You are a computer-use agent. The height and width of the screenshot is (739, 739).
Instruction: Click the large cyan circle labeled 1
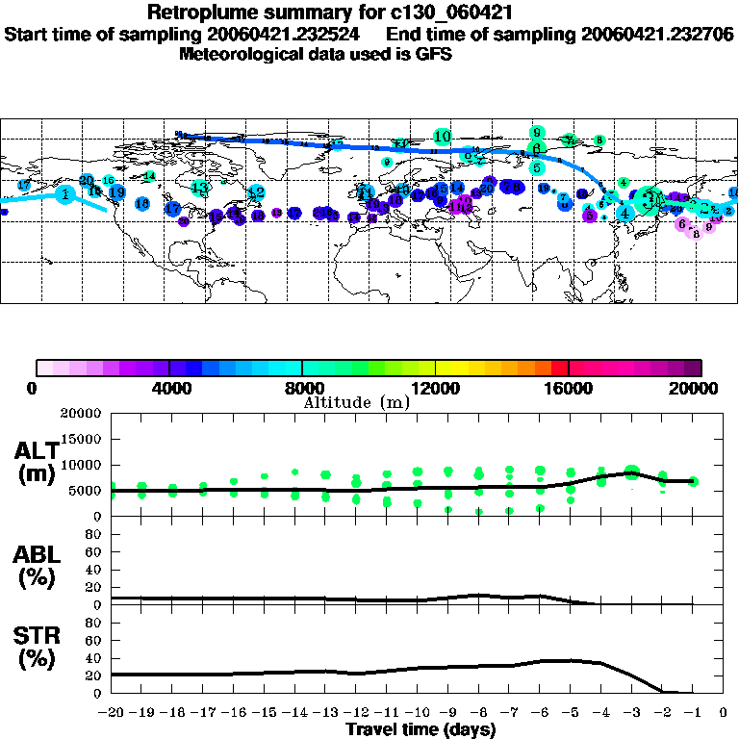64,194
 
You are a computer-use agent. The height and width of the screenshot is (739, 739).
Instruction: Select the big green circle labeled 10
442,137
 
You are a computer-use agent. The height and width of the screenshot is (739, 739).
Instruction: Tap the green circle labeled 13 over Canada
199,187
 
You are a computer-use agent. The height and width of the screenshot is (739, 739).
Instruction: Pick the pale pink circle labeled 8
696,232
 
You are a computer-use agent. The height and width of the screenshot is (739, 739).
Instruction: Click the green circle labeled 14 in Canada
149,176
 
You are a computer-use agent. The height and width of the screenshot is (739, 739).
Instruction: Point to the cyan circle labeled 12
256,192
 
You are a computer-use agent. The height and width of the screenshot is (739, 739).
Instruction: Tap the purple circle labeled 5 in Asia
590,217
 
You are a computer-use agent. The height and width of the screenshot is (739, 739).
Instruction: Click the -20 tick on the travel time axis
112,713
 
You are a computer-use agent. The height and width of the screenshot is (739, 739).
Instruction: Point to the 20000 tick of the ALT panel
81,414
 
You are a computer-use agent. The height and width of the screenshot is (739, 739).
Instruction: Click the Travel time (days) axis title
420,730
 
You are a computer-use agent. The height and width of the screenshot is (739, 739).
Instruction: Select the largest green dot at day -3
631,471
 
